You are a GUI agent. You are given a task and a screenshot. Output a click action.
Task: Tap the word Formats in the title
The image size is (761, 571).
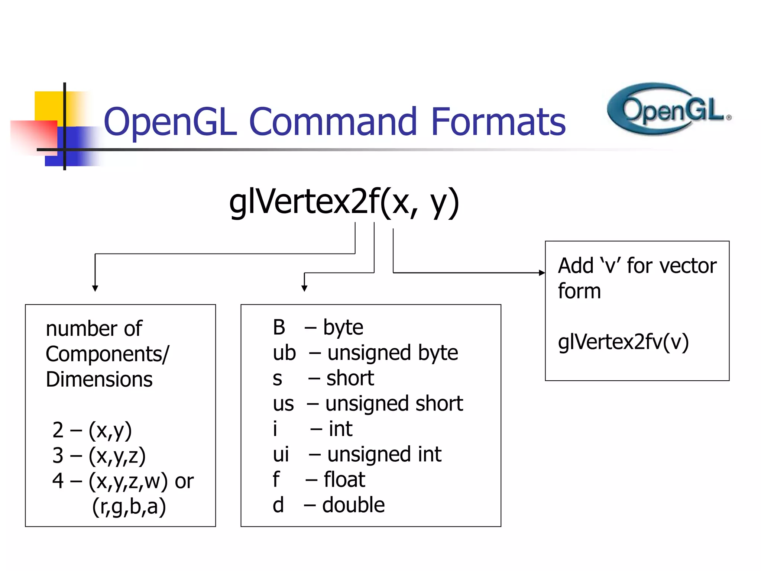[x=498, y=122]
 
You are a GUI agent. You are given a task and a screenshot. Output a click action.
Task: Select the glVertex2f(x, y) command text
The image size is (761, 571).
[x=344, y=203]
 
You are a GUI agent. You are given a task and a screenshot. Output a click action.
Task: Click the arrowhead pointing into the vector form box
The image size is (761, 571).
[x=542, y=273]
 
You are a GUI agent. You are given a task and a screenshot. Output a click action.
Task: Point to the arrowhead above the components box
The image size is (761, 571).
[x=95, y=288]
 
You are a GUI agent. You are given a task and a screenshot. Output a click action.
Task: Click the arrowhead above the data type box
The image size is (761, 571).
[x=304, y=288]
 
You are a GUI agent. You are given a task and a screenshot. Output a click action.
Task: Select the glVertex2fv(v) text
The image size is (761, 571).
[x=623, y=342]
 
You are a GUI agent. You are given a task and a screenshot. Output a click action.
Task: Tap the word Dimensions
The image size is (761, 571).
[x=99, y=380]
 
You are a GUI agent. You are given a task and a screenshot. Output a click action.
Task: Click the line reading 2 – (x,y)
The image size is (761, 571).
[x=92, y=430]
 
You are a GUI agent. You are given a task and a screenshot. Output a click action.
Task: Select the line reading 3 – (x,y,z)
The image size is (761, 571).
[x=99, y=456]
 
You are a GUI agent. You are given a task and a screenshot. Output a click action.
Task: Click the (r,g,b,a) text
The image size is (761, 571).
[x=129, y=507]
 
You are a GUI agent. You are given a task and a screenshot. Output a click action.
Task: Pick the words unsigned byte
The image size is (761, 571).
[x=392, y=353]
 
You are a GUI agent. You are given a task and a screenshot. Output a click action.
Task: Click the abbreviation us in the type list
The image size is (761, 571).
[x=283, y=404]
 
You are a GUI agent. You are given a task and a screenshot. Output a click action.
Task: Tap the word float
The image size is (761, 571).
[x=344, y=480]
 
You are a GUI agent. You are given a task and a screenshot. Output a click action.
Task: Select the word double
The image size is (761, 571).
[x=353, y=505]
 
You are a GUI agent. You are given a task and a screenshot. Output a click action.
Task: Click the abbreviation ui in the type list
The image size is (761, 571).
[x=281, y=454]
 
